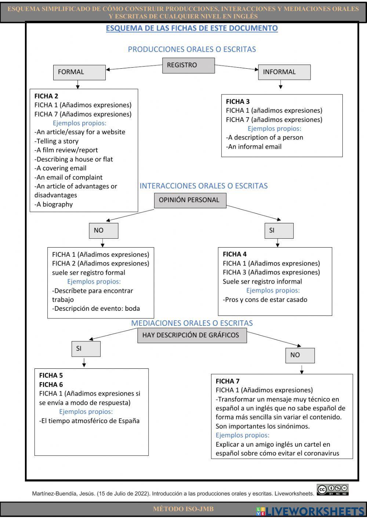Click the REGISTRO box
click(x=188, y=65)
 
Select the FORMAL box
click(x=79, y=72)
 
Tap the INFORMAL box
click(x=284, y=72)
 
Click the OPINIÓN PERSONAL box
click(x=190, y=200)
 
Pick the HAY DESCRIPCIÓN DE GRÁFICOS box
click(x=192, y=335)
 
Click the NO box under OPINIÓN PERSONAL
click(x=103, y=231)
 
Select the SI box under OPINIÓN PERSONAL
click(x=279, y=231)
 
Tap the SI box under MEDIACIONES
click(x=86, y=349)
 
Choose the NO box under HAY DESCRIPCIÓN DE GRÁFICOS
click(x=300, y=355)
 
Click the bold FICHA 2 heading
click(x=46, y=96)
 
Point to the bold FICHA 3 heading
click(x=237, y=102)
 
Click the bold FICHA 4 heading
click(x=235, y=254)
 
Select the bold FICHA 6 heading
click(x=51, y=385)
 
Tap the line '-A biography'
click(x=54, y=205)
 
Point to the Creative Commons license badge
click(x=333, y=490)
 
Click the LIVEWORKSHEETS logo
click(x=310, y=511)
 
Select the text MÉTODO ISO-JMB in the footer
click(x=183, y=509)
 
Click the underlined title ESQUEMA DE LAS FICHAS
click(x=192, y=28)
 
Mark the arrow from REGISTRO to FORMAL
click(x=134, y=67)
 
